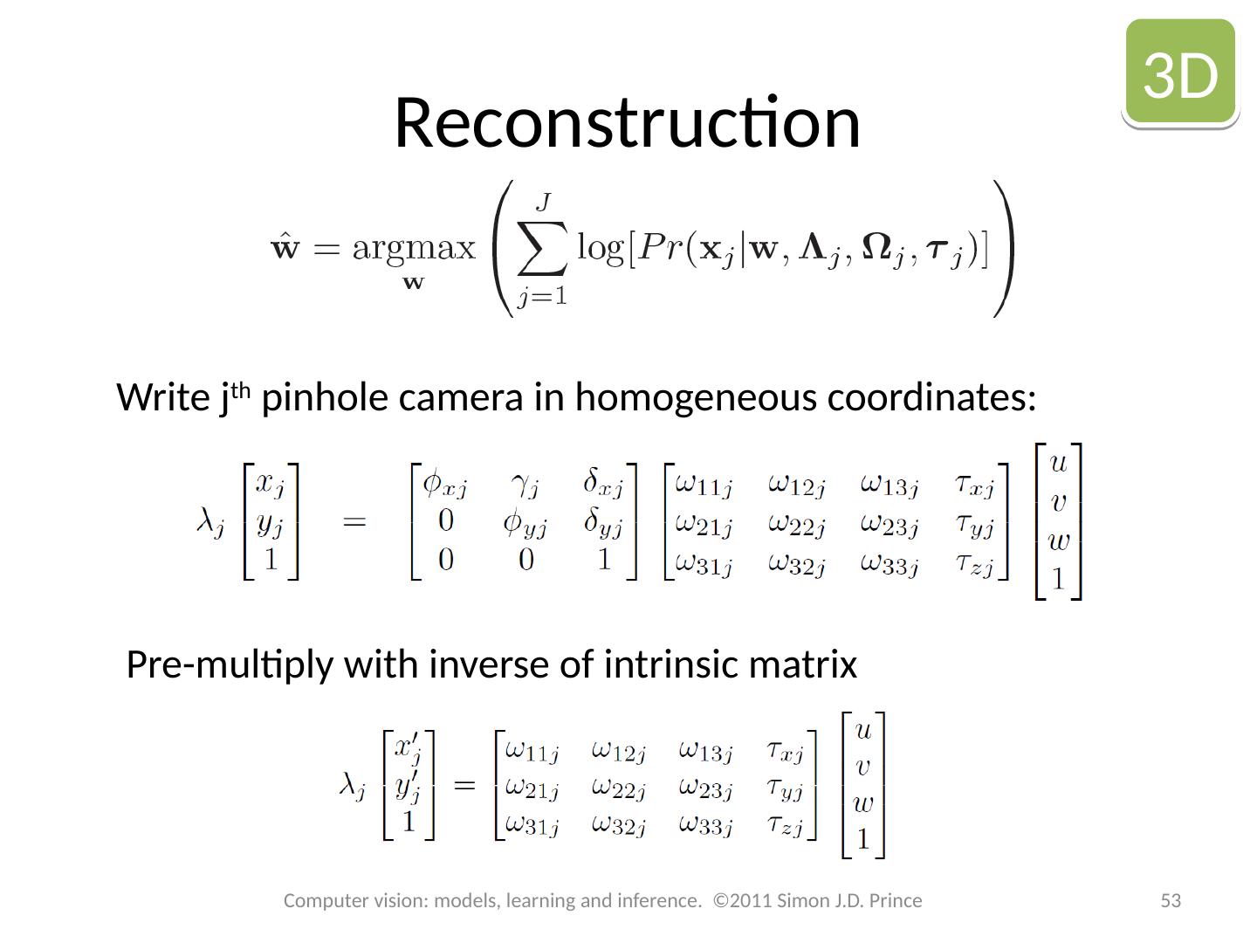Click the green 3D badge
pyautogui.click(x=1180, y=73)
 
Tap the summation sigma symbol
pyautogui.click(x=542, y=249)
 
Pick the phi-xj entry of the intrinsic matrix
pyautogui.click(x=445, y=483)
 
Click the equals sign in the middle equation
pyautogui.click(x=354, y=523)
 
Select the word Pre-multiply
pyautogui.click(x=230, y=665)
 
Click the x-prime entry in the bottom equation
pyautogui.click(x=408, y=749)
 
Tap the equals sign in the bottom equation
pyautogui.click(x=464, y=785)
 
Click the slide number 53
pyautogui.click(x=1170, y=900)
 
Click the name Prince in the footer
pyautogui.click(x=896, y=900)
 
